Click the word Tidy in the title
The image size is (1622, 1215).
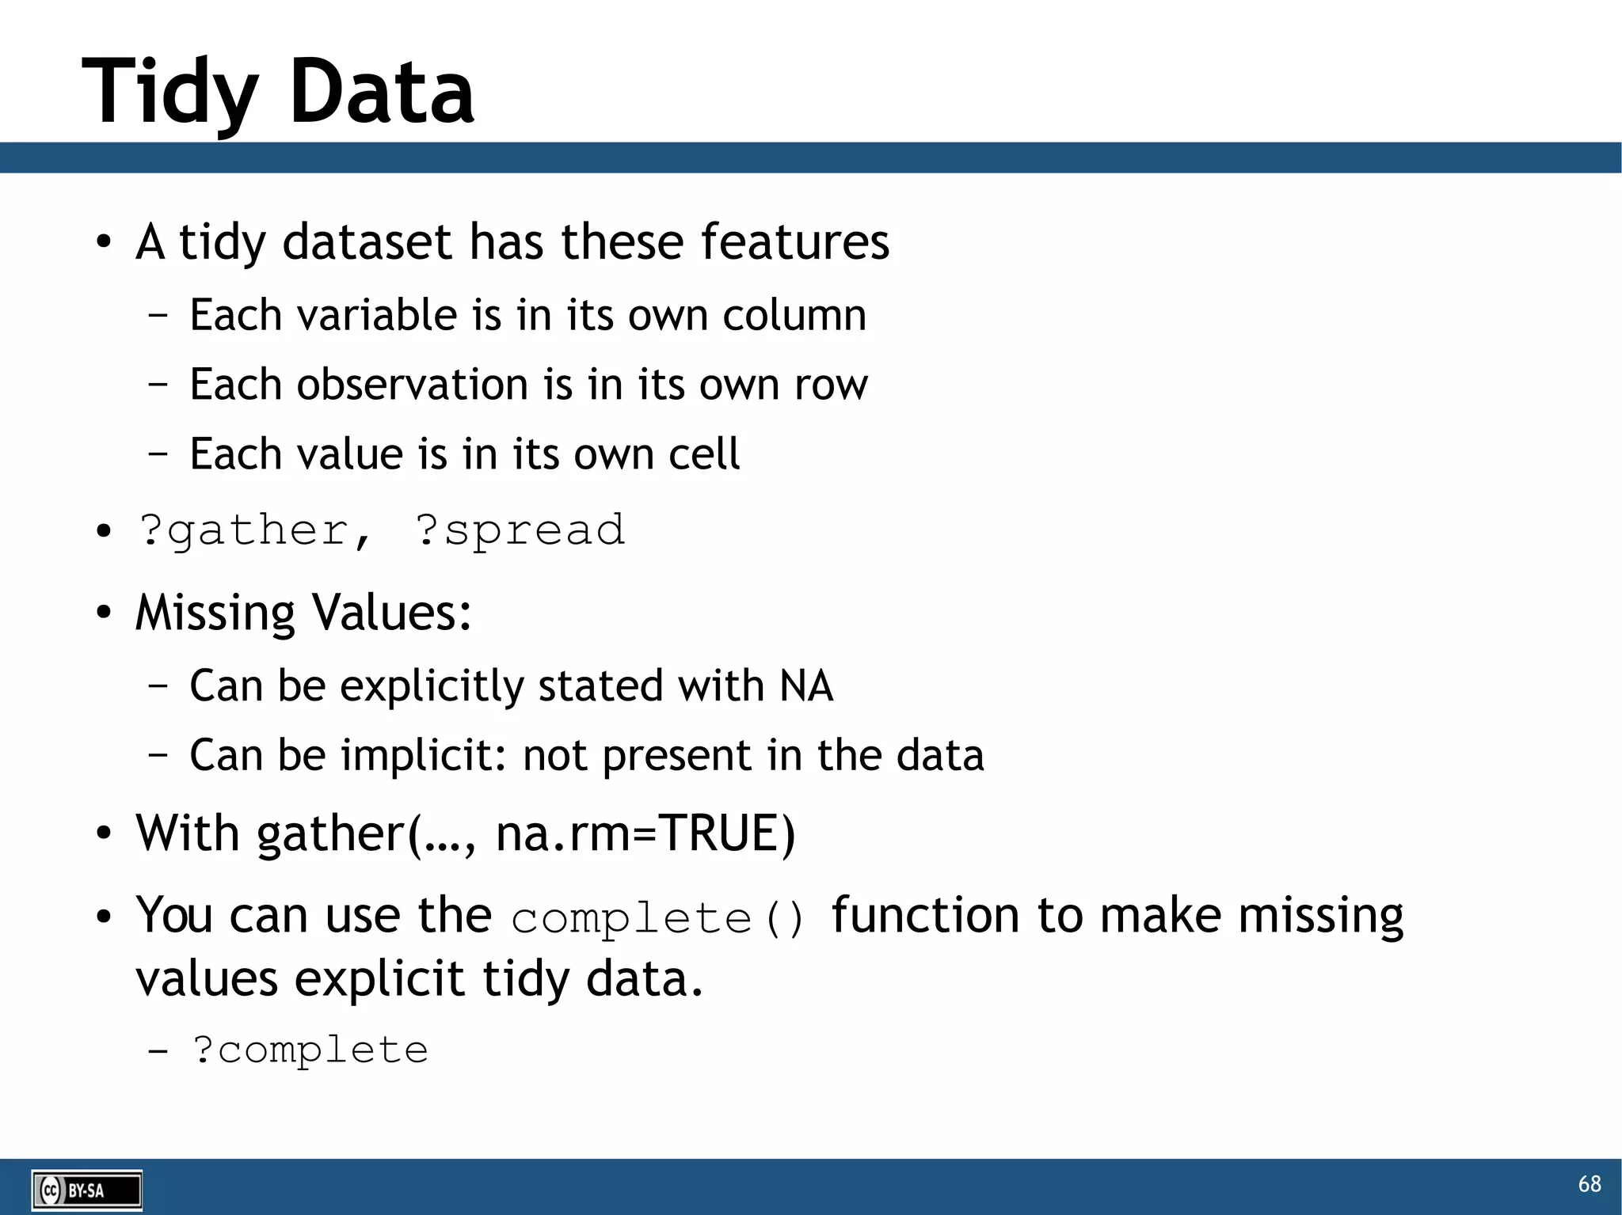(169, 93)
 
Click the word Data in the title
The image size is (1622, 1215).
(381, 93)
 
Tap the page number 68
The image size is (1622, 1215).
(1589, 1184)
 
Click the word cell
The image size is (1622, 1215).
(703, 455)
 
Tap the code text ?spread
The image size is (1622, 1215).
(520, 530)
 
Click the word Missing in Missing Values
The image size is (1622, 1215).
(215, 613)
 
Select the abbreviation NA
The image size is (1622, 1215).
(806, 685)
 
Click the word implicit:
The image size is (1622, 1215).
(424, 755)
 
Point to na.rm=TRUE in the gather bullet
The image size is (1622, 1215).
(645, 834)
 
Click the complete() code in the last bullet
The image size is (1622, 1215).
(657, 919)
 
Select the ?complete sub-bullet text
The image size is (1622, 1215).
(310, 1051)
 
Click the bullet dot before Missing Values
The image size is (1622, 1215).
(104, 613)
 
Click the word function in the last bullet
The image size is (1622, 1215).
(925, 916)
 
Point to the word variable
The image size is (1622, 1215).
(376, 316)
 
